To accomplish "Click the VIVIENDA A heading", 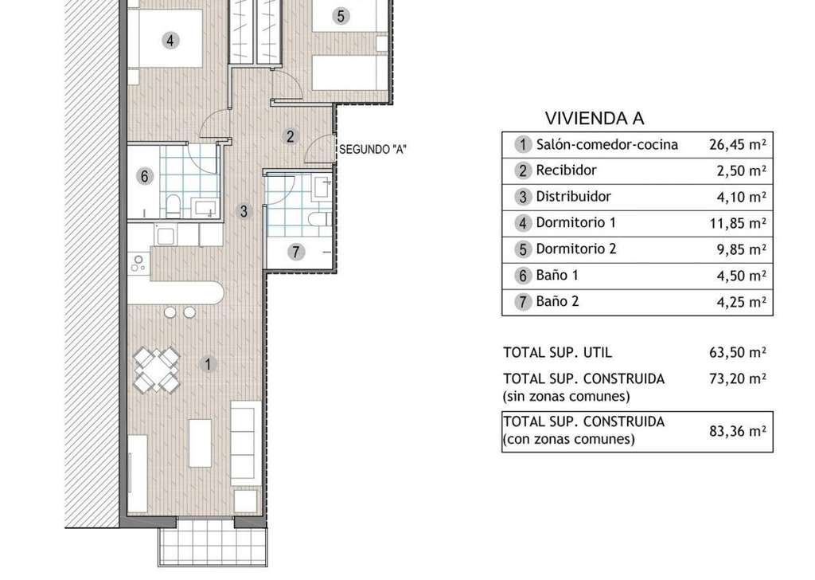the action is [594, 119].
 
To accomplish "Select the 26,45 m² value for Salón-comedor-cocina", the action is [738, 144].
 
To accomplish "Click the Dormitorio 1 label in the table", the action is [576, 222].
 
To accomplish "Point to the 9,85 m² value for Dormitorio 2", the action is [741, 249].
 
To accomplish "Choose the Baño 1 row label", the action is [557, 275].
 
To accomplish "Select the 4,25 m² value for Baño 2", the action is [741, 302].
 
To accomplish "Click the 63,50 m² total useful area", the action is [738, 352].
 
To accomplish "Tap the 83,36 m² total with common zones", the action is [738, 431].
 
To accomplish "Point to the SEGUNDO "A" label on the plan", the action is [372, 150].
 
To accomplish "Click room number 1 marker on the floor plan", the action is [208, 364].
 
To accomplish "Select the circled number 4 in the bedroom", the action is [170, 40].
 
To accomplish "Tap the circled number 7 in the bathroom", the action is [296, 253].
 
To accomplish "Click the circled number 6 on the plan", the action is [145, 176].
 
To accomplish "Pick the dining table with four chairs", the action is [157, 370].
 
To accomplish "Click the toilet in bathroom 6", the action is [173, 206].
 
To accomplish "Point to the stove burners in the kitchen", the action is [138, 263].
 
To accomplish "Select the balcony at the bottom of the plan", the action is [213, 542].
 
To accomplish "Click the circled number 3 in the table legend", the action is [523, 197].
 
